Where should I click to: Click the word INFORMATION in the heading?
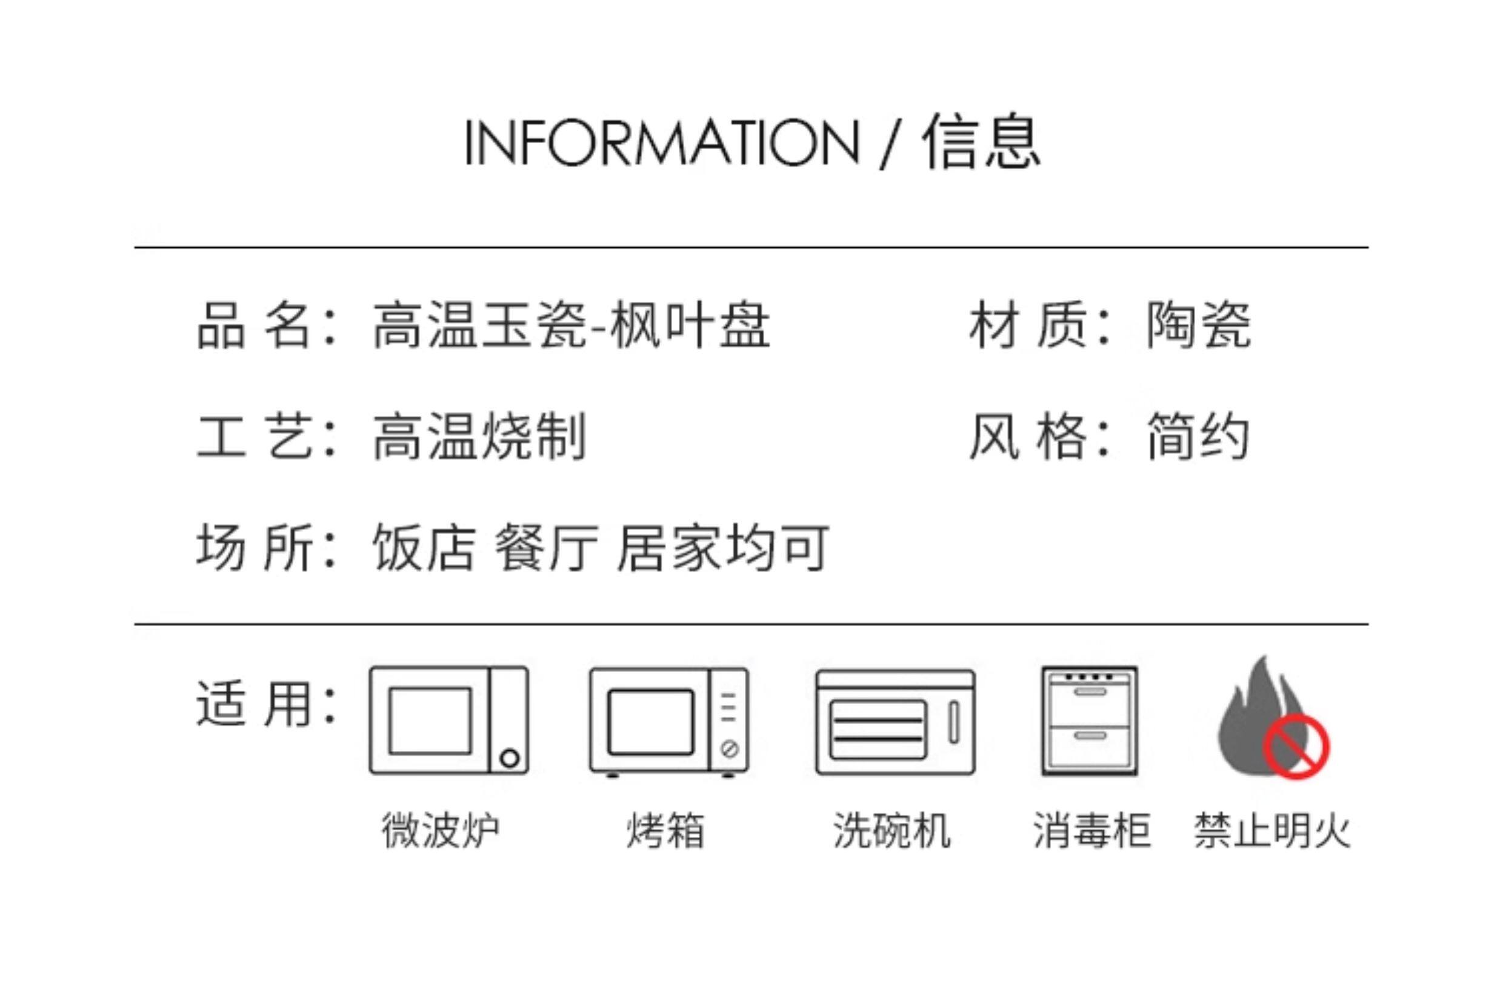point(661,142)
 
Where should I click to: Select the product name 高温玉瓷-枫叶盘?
point(571,326)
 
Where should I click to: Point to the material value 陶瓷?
point(1198,326)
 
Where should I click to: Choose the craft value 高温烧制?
point(479,437)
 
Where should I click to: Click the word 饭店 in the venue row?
point(424,547)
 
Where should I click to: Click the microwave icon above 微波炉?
point(448,721)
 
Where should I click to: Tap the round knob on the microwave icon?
point(509,758)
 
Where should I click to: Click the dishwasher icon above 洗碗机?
point(895,722)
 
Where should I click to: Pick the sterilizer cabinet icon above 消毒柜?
point(1089,721)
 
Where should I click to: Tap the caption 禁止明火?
point(1272,830)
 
